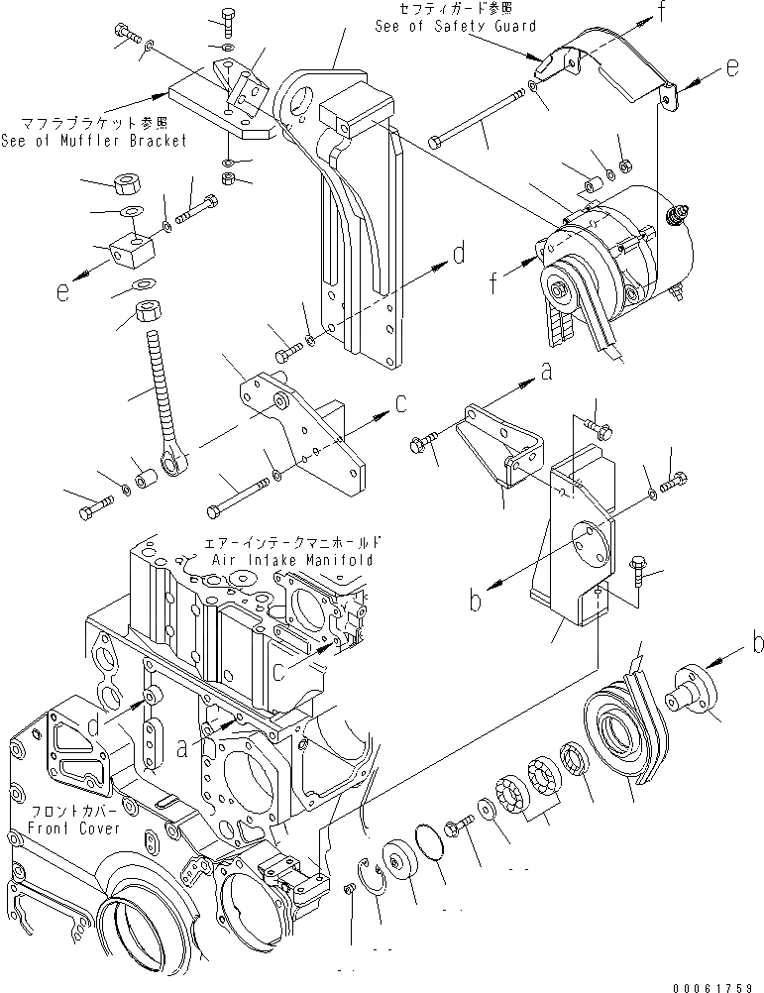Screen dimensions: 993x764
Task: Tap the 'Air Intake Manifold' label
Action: click(292, 560)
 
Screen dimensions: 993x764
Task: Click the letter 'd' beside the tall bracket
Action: click(458, 255)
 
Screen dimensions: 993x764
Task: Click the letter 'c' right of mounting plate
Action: click(400, 403)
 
